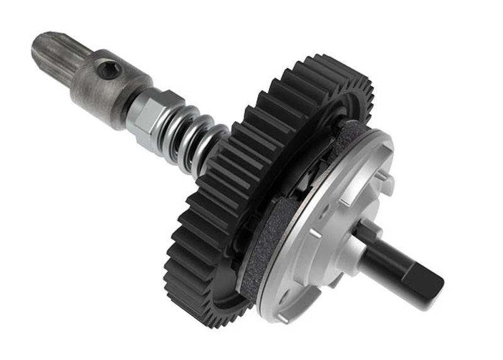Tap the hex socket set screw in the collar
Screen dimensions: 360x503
[x=109, y=70]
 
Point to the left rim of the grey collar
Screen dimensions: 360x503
[x=79, y=88]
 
